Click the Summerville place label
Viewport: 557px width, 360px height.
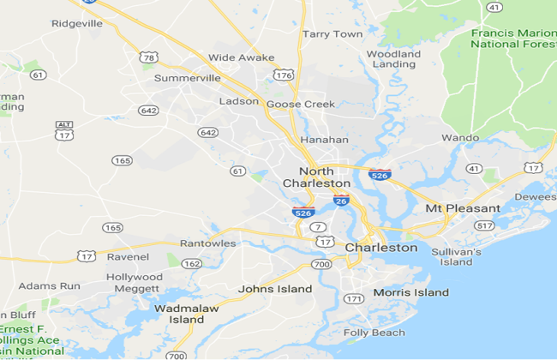pyautogui.click(x=187, y=78)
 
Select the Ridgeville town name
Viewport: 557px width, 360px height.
pyautogui.click(x=76, y=24)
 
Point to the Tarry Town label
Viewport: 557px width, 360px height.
pyautogui.click(x=332, y=34)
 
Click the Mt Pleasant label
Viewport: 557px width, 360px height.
pyautogui.click(x=463, y=208)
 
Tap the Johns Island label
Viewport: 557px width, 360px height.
pyautogui.click(x=275, y=289)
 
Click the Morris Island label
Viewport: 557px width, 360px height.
pyautogui.click(x=410, y=292)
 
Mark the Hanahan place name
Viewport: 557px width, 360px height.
pyautogui.click(x=324, y=140)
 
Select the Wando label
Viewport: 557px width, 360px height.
pyautogui.click(x=459, y=137)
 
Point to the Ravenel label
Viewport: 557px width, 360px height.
pyautogui.click(x=128, y=256)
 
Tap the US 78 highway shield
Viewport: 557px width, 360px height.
pyautogui.click(x=149, y=57)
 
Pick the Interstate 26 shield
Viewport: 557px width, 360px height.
pyautogui.click(x=341, y=200)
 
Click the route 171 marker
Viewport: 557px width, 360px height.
pyautogui.click(x=353, y=299)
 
